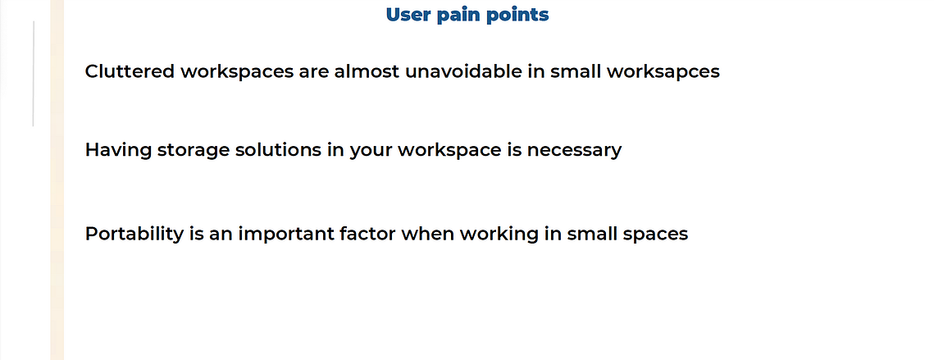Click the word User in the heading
coord(408,14)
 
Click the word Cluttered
coord(130,71)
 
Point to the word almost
coord(367,71)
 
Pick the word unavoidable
coord(463,71)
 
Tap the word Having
coord(119,150)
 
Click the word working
coord(499,235)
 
